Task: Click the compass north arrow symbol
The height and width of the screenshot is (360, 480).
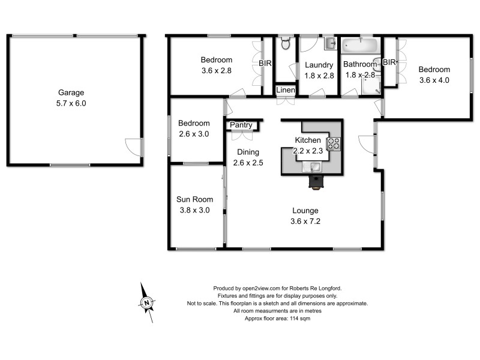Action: [146, 303]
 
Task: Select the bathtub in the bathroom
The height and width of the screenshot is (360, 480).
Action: [359, 46]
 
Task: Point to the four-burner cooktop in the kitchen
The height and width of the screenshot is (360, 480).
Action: [334, 143]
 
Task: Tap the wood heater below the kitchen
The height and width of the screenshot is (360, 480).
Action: [316, 182]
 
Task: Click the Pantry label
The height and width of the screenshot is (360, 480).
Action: [241, 125]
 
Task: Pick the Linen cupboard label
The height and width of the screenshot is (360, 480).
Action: [286, 90]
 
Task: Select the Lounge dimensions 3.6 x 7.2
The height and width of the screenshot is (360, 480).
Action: [305, 221]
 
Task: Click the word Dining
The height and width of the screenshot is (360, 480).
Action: [247, 152]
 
